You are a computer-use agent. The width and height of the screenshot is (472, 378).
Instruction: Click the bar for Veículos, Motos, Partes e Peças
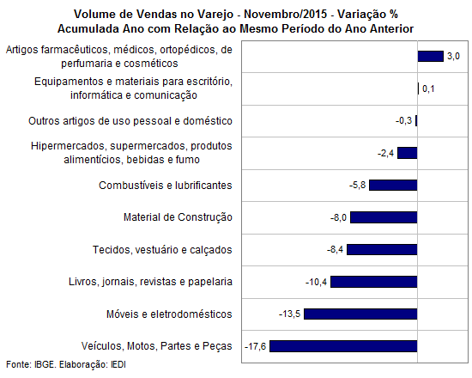(343, 346)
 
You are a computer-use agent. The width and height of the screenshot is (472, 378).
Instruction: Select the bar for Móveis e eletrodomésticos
(360, 314)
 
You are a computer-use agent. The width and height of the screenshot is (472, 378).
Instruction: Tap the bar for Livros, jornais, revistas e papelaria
(374, 282)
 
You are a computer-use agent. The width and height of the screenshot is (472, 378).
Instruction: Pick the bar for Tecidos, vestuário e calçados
(382, 250)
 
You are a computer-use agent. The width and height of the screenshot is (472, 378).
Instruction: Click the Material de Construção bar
(384, 217)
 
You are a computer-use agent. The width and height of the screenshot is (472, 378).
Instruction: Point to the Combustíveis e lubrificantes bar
(393, 185)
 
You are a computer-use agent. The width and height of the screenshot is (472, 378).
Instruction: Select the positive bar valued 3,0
(431, 57)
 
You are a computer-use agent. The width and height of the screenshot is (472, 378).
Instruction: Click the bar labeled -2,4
(408, 153)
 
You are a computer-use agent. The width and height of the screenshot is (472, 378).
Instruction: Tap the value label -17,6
(255, 346)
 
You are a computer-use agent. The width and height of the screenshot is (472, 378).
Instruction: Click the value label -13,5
(289, 314)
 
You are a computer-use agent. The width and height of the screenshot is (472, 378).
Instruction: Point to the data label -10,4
(316, 282)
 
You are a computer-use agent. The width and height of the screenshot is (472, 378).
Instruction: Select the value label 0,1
(428, 88)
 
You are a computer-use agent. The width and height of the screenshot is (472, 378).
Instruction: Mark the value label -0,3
(403, 121)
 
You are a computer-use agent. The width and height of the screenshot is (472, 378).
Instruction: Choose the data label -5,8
(358, 185)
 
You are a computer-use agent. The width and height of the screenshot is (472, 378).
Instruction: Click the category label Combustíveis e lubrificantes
(166, 185)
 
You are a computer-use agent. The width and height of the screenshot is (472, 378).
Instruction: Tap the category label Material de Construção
(178, 217)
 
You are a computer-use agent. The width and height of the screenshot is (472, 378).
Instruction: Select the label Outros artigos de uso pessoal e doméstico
(130, 121)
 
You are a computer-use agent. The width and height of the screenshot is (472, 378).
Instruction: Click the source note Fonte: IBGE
(31, 364)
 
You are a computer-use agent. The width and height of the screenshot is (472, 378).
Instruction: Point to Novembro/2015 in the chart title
(286, 14)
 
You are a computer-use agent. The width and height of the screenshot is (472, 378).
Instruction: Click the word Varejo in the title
(215, 15)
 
